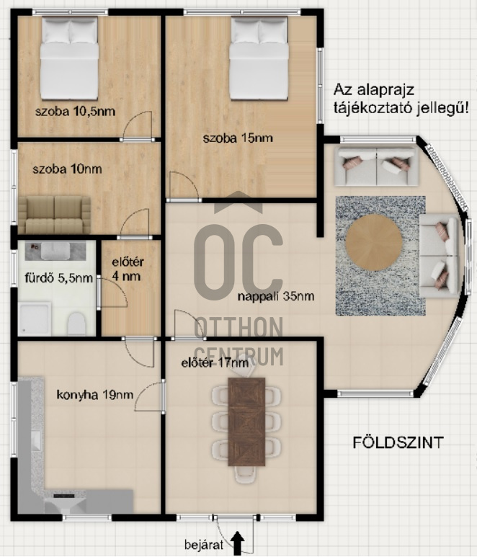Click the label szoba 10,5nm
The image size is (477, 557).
(x=75, y=112)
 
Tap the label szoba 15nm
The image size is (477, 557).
(x=238, y=138)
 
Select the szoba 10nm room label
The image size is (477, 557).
(x=67, y=169)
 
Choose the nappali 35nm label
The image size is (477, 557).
(x=276, y=296)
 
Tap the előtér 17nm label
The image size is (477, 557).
(x=214, y=363)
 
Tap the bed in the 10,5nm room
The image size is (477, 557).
(x=69, y=58)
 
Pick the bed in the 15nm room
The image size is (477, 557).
(x=258, y=58)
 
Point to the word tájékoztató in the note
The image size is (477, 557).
(x=367, y=108)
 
